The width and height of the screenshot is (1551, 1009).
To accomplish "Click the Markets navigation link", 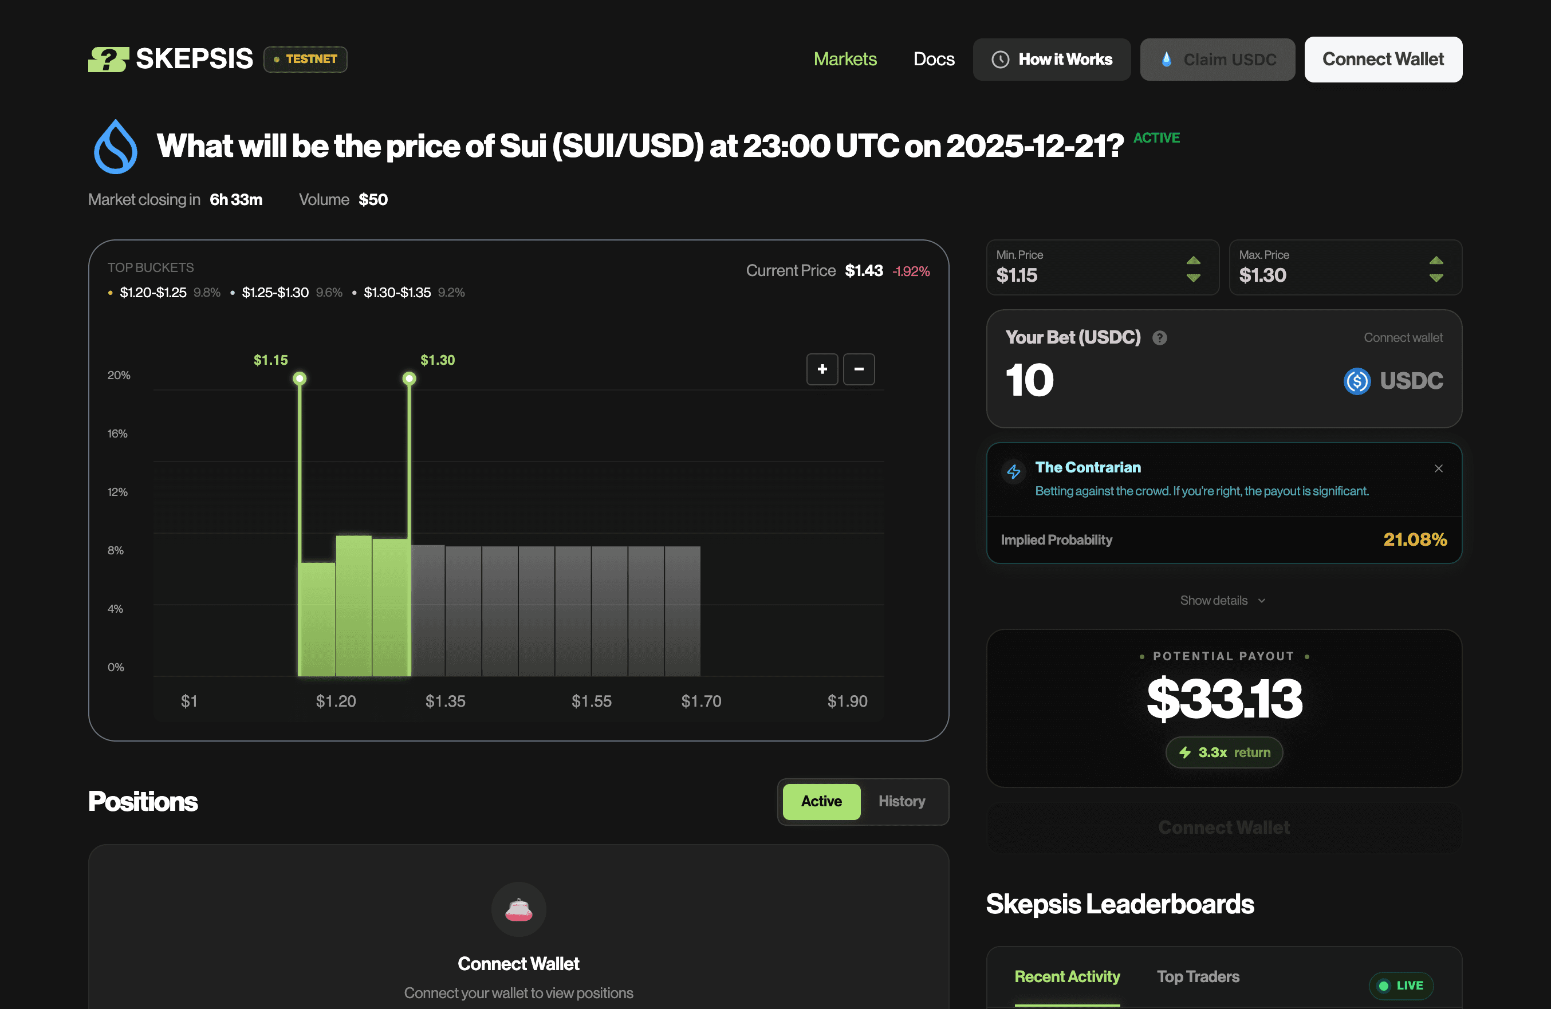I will click(x=845, y=60).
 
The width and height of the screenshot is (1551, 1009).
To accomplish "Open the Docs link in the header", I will click(x=933, y=60).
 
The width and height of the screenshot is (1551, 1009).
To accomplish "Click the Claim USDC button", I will click(x=1217, y=60).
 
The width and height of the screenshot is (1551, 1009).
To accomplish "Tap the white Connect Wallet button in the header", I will click(x=1382, y=60).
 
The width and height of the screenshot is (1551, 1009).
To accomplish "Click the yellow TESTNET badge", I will click(x=305, y=60).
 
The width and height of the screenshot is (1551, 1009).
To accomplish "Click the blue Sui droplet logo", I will click(x=115, y=147).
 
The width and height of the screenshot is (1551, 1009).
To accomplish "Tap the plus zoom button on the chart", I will click(x=822, y=369).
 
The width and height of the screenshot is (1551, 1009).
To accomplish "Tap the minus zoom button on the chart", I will click(x=859, y=369).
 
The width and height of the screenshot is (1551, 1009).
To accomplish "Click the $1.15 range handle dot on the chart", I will click(x=299, y=379).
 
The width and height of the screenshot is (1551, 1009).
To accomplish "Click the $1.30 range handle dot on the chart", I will click(x=408, y=379).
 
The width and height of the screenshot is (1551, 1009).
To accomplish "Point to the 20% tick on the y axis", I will click(x=119, y=375).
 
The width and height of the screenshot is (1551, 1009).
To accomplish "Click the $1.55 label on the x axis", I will click(x=591, y=701).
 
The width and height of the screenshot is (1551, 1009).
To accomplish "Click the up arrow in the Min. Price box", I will click(x=1192, y=261).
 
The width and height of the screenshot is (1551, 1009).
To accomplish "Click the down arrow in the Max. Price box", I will click(x=1436, y=278).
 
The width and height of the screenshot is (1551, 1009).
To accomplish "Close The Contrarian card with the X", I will click(x=1438, y=468).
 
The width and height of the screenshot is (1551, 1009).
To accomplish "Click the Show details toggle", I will click(x=1222, y=601).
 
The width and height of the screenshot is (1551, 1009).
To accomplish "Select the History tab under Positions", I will click(x=902, y=801).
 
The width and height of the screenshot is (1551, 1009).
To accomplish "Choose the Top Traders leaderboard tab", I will click(x=1198, y=976).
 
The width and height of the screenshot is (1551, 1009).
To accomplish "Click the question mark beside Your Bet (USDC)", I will click(x=1159, y=338).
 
